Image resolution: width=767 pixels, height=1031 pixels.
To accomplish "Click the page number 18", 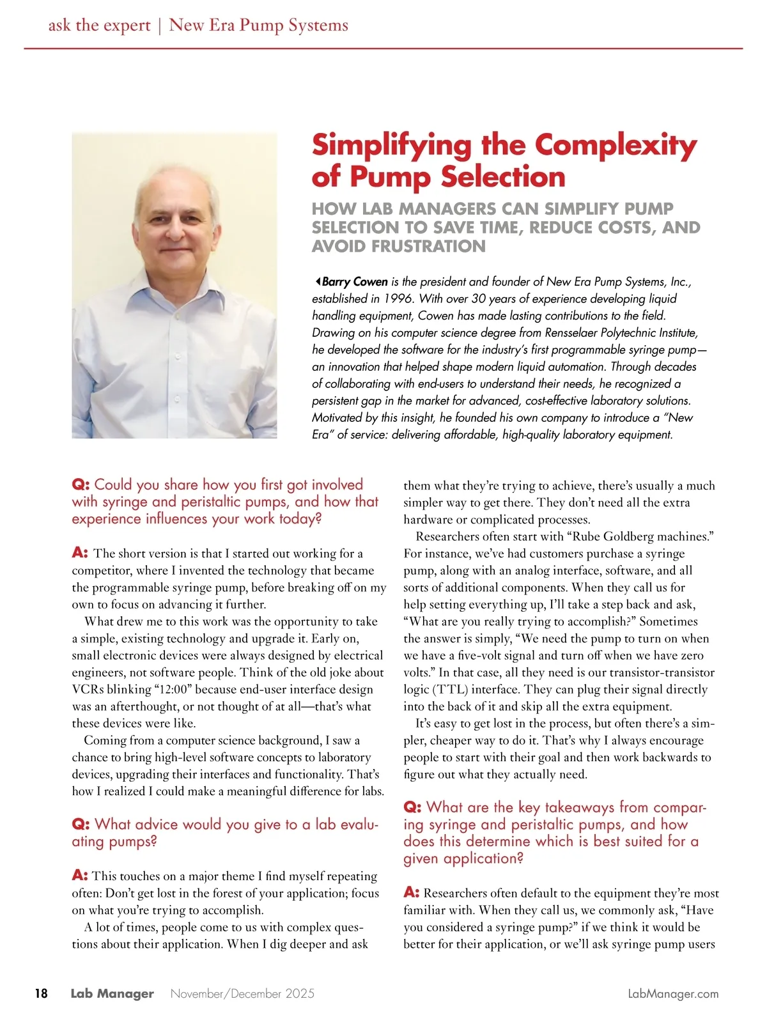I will coord(41,993).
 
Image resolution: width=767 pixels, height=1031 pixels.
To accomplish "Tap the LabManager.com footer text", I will coord(673,994).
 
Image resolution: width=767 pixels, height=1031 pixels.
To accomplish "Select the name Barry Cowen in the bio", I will coord(355,282).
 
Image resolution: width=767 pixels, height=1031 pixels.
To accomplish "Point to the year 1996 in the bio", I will coord(399,298).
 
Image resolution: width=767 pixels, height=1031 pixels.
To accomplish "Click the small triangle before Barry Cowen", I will coord(317,281).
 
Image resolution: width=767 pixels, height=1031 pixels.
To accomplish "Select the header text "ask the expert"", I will coord(99,26).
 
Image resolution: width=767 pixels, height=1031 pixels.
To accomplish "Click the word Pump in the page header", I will coord(261,26).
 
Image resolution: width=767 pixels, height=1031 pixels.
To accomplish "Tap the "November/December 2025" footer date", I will coord(242,994).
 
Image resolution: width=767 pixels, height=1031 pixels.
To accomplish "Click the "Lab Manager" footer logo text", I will coord(112,994).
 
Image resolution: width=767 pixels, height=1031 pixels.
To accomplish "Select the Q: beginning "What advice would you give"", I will coord(81,825).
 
